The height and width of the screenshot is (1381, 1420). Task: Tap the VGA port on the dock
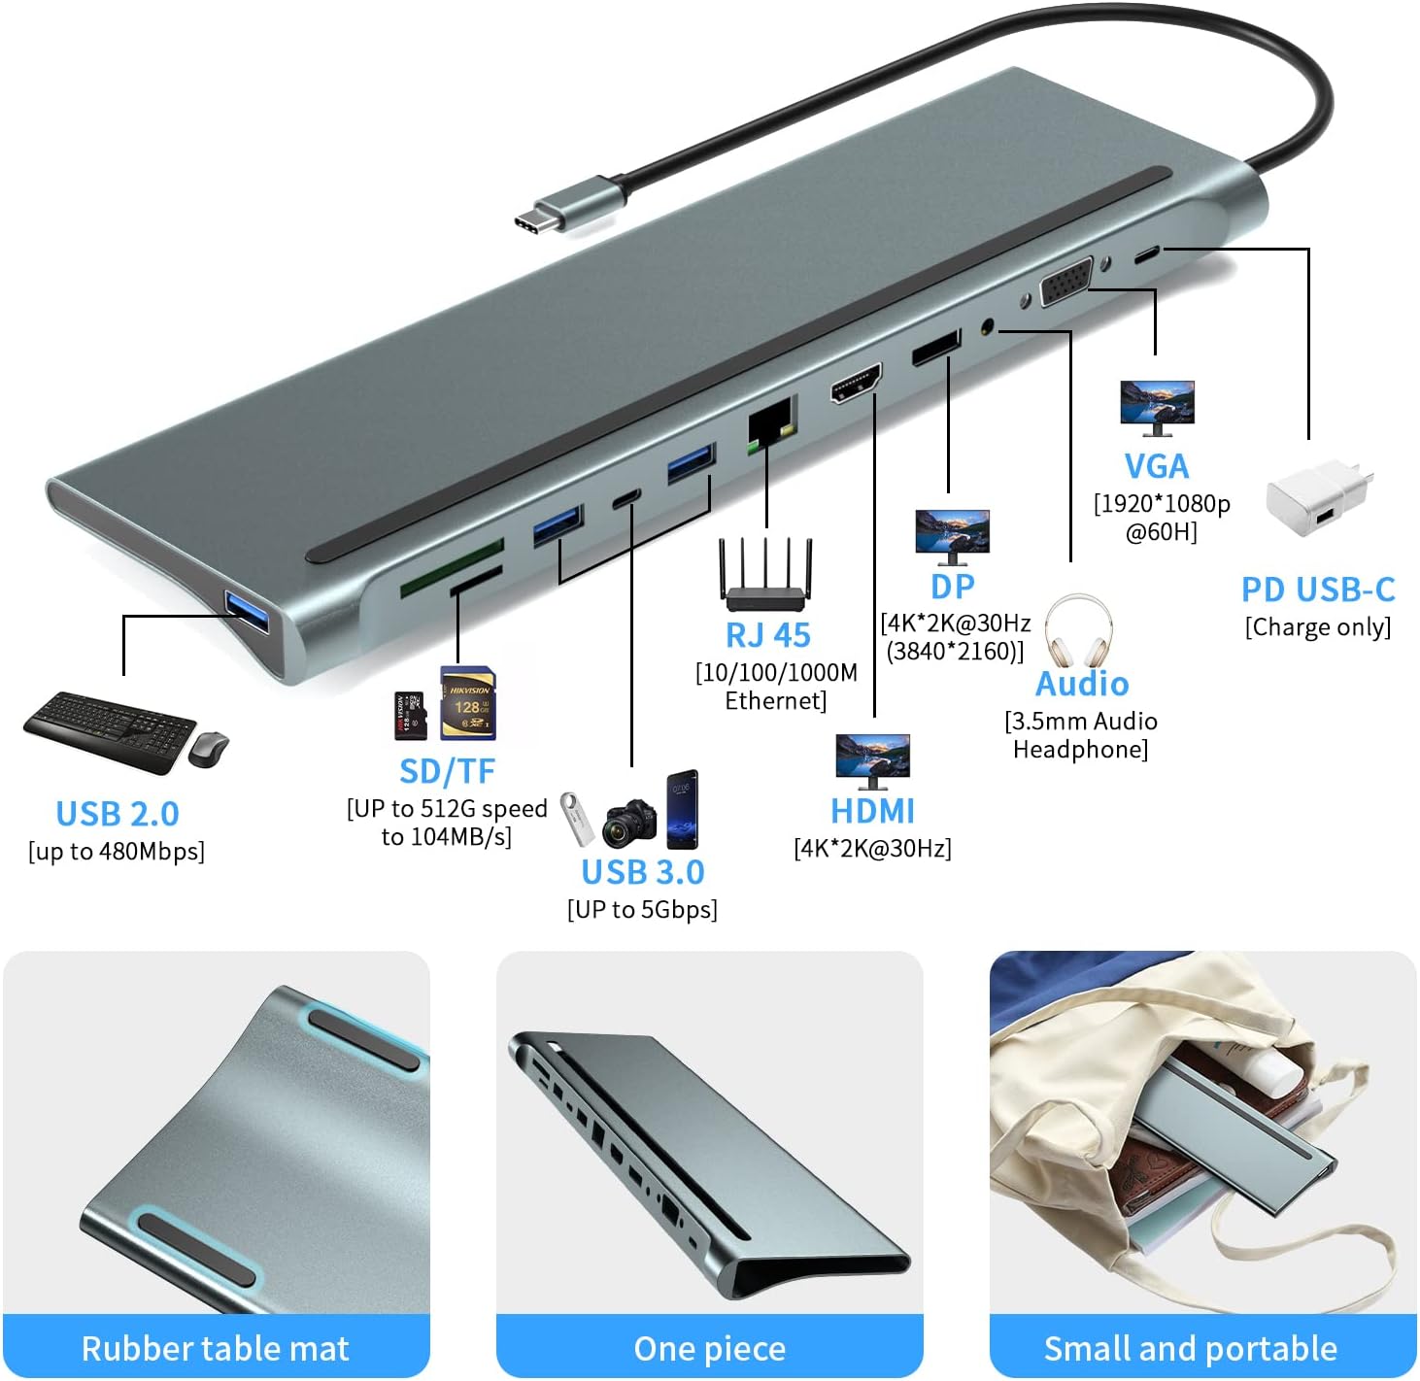point(1066,282)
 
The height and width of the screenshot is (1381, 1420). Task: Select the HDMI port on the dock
point(856,383)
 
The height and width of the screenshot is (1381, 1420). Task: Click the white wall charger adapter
point(1319,495)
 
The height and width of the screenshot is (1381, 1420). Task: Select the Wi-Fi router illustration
point(765,575)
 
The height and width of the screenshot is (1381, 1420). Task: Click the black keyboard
point(110,730)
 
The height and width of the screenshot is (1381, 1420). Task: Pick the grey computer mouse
point(209,749)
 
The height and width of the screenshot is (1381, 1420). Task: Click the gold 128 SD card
point(468,703)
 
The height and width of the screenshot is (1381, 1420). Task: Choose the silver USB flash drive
point(577,819)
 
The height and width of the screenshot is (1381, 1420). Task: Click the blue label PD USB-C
point(1318,590)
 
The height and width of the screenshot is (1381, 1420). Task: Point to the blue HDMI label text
point(872,811)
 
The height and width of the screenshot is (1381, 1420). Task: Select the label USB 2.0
point(118,814)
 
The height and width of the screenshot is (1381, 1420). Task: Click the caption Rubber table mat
point(216,1348)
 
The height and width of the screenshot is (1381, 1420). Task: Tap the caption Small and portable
point(1190,1348)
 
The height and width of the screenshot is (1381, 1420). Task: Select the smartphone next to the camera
point(682,809)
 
